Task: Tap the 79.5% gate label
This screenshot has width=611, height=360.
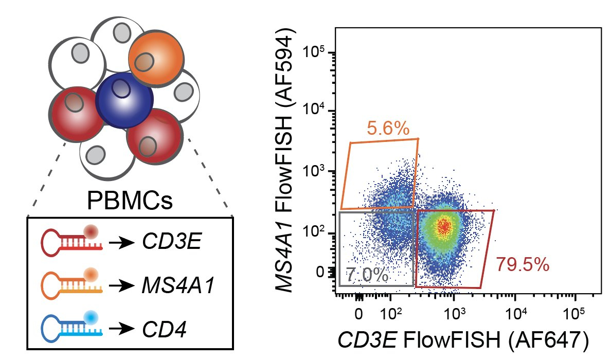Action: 523,265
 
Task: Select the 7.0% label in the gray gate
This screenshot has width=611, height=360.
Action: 367,275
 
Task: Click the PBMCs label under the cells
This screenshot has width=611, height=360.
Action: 130,200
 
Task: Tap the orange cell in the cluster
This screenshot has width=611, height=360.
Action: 153,57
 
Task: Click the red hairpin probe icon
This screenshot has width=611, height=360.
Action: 72,239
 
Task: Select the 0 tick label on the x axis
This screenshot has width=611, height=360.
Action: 359,313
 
